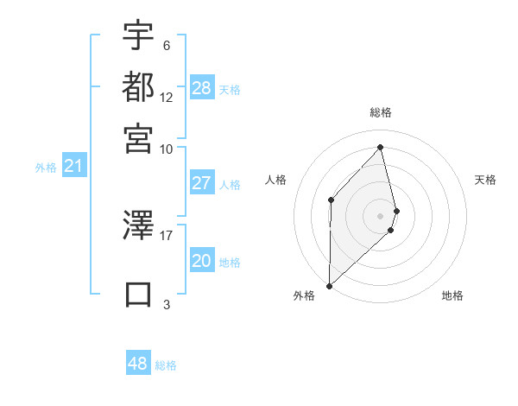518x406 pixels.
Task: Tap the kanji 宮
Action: tap(138, 137)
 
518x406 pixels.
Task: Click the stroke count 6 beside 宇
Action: tap(166, 46)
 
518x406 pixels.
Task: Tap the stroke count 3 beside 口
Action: tap(166, 304)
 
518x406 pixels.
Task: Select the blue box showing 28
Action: tap(201, 88)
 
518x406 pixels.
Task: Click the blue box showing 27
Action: tap(201, 183)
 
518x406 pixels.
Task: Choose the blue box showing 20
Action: tap(201, 261)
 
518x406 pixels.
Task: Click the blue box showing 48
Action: tap(137, 364)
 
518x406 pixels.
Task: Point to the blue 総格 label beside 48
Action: tap(166, 365)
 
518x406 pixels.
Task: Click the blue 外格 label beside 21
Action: tap(46, 168)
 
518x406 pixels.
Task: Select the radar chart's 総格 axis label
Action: tap(381, 112)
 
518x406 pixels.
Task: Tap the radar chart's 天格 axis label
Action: tap(486, 180)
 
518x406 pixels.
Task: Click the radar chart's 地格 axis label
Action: tap(452, 295)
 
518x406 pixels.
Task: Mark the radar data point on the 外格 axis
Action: tap(329, 285)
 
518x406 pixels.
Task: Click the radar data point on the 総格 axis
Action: tap(381, 147)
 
